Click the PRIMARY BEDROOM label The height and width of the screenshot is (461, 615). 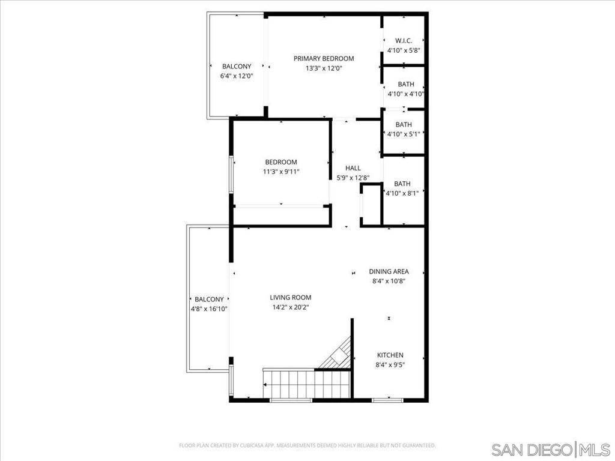click(323, 58)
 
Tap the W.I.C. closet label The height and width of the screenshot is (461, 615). click(404, 40)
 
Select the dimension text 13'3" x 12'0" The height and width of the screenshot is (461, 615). click(323, 68)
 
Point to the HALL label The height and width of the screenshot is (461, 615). click(353, 168)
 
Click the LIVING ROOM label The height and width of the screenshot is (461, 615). click(290, 297)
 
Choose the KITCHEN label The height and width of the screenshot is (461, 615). click(390, 355)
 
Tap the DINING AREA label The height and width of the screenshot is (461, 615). click(389, 271)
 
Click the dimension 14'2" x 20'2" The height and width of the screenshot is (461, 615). click(290, 307)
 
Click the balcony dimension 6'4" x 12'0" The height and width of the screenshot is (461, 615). click(237, 76)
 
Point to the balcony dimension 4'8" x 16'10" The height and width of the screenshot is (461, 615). click(209, 309)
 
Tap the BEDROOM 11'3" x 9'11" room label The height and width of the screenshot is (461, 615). click(281, 162)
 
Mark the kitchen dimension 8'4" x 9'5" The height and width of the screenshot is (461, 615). click(390, 365)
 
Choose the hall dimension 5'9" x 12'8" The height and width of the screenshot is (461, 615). click(353, 178)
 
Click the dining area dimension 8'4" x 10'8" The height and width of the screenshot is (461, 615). click(389, 281)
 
